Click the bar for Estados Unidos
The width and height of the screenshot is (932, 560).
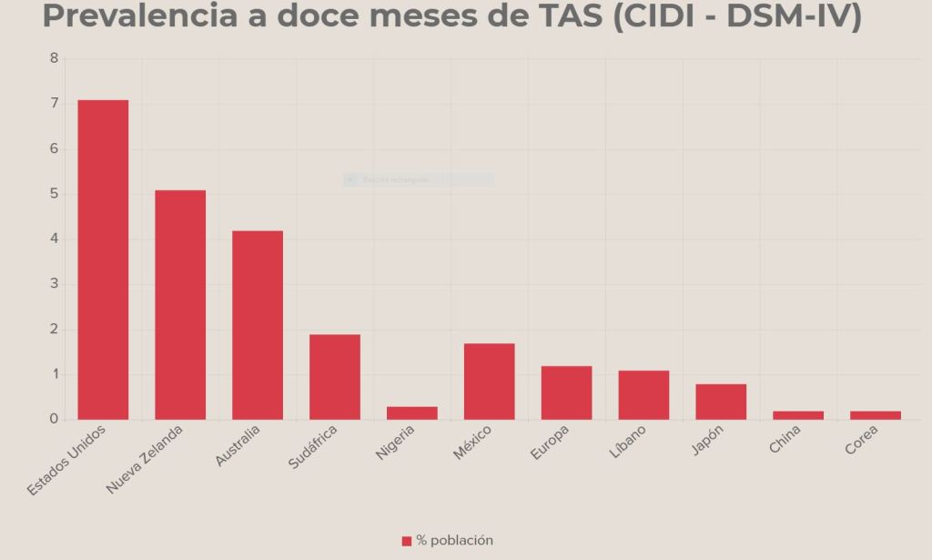coord(103,260)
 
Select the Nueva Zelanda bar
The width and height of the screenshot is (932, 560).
coord(180,305)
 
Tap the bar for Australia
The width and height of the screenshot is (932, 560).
coord(258,325)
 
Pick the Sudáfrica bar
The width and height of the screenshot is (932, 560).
coord(335,377)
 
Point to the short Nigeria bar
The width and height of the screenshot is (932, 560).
coord(412,413)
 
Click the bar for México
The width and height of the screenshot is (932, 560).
coord(490,382)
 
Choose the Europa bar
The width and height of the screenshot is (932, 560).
coord(567,392)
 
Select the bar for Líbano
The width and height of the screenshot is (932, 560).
coord(643,395)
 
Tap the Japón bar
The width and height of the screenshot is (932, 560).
coord(721,402)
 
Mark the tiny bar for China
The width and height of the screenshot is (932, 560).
coord(798,415)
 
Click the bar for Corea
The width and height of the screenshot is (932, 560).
coord(876,415)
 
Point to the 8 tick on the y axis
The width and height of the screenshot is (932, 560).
coord(54,58)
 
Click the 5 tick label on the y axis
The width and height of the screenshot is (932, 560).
coord(54,194)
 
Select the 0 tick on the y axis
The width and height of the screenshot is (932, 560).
coord(54,420)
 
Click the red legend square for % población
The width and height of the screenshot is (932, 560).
coord(407,541)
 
